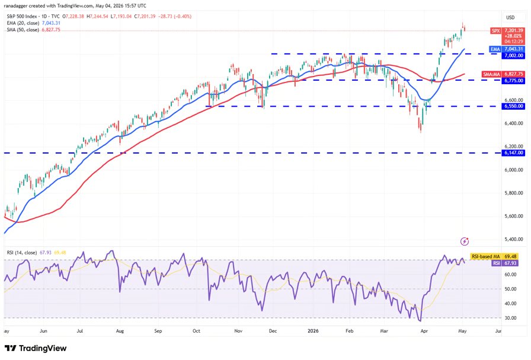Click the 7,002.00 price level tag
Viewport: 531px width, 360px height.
[x=513, y=56]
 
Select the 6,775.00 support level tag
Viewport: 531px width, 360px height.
[x=513, y=81]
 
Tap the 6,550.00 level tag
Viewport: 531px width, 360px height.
[x=513, y=106]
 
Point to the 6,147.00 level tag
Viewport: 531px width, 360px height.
[x=513, y=153]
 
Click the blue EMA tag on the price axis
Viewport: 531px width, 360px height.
[x=495, y=49]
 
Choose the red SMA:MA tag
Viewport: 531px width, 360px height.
[x=492, y=74]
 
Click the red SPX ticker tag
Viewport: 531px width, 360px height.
[x=496, y=30]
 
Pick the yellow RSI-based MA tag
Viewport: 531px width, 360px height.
[x=494, y=257]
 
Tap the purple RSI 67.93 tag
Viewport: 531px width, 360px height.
[x=504, y=263]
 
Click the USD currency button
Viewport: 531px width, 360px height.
[x=510, y=18]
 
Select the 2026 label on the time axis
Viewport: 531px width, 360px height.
[x=313, y=331]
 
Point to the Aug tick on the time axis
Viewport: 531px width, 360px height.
[x=120, y=331]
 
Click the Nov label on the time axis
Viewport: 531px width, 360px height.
[x=238, y=331]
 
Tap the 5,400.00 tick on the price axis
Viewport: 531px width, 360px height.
[x=513, y=239]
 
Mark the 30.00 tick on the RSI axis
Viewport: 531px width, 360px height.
[x=511, y=318]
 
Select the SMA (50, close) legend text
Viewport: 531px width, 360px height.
[x=23, y=30]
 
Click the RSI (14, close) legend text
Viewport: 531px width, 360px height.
[x=22, y=253]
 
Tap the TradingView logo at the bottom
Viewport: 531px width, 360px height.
[x=36, y=348]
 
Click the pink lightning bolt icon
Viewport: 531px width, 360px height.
[x=465, y=241]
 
